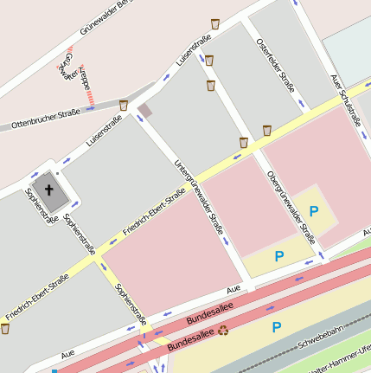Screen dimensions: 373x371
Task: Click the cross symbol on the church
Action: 49,189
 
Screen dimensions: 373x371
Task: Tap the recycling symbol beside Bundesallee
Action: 224,330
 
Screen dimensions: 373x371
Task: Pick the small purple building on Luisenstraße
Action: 144,110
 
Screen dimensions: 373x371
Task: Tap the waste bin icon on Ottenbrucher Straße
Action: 124,105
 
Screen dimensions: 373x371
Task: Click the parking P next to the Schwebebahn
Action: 277,327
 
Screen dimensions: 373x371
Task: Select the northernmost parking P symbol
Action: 314,210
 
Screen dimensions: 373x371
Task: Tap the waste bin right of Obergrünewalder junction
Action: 267,130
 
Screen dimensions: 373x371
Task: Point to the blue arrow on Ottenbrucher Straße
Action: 90,109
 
